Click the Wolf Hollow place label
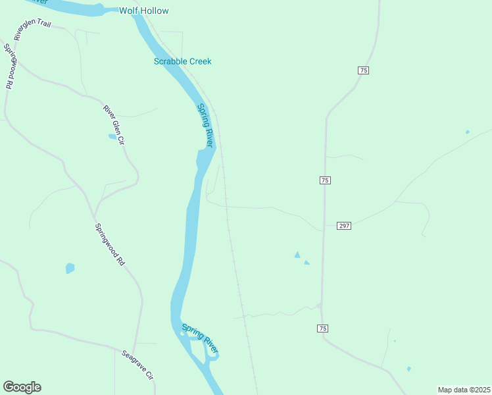tap(143, 11)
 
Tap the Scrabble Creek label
tap(182, 61)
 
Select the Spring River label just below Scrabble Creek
tap(206, 124)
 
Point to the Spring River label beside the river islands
tap(200, 337)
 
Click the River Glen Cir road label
tap(113, 124)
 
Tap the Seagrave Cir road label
tap(137, 365)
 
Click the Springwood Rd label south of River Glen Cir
tap(109, 244)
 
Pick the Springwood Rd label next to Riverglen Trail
tap(9, 66)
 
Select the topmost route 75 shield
tap(363, 70)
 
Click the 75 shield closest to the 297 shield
tap(324, 180)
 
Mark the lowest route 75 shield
tap(322, 328)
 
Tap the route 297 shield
tap(344, 226)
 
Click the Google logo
tap(22, 387)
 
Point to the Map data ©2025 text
tap(464, 390)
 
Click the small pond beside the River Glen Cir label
tap(112, 136)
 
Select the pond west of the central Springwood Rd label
tap(70, 268)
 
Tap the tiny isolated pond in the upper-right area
tap(468, 132)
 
